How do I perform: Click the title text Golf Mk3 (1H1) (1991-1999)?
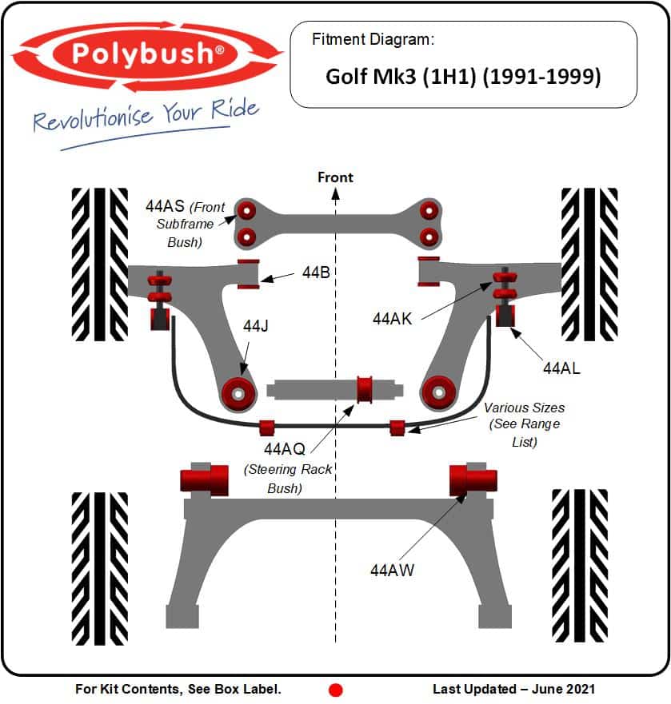(463, 77)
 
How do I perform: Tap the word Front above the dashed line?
(335, 177)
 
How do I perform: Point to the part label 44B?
(316, 272)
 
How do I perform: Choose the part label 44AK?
(392, 318)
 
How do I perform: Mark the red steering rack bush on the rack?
(365, 388)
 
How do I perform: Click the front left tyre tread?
(99, 264)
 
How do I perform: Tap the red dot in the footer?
(336, 690)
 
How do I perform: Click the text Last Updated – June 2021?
(513, 689)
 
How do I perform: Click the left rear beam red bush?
(205, 479)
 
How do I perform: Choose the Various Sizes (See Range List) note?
(524, 424)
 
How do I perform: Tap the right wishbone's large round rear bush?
(438, 392)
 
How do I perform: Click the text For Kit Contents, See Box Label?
(178, 689)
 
